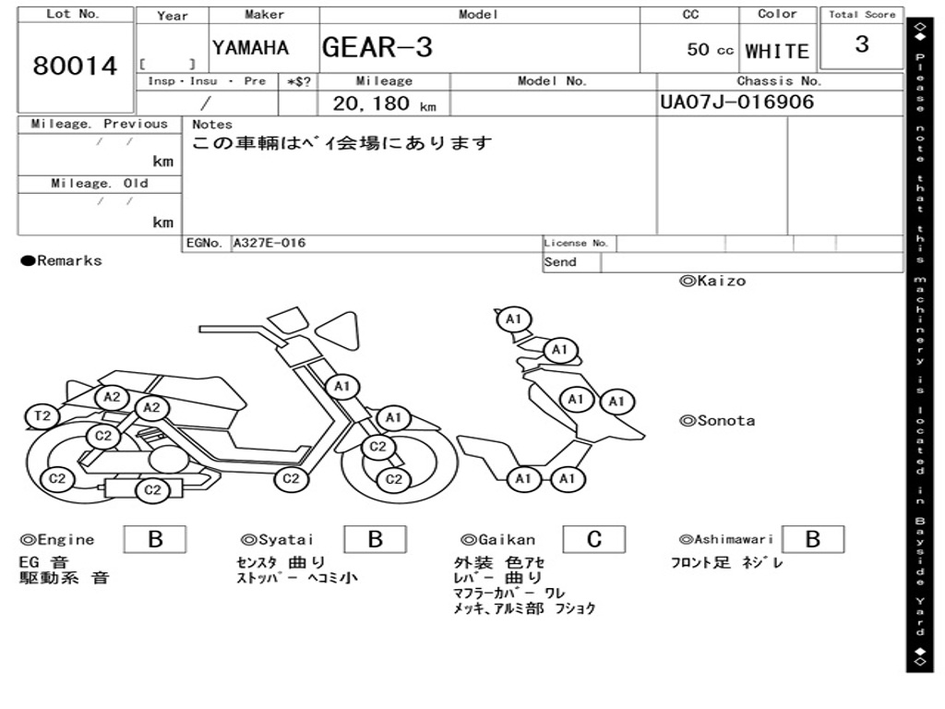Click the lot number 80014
click(75, 66)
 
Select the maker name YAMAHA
click(250, 48)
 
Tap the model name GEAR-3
click(377, 47)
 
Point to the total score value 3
click(861, 44)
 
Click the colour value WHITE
click(777, 52)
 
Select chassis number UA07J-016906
click(737, 102)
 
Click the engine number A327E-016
click(269, 244)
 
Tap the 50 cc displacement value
click(710, 50)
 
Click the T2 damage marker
click(42, 416)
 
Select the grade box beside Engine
click(154, 539)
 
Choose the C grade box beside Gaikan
click(593, 539)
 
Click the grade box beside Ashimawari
click(812, 539)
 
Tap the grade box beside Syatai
click(375, 539)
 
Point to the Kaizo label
click(712, 281)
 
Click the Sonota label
click(717, 421)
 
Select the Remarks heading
click(62, 261)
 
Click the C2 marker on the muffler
click(152, 490)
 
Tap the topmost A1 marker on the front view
click(514, 319)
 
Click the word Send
click(560, 262)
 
